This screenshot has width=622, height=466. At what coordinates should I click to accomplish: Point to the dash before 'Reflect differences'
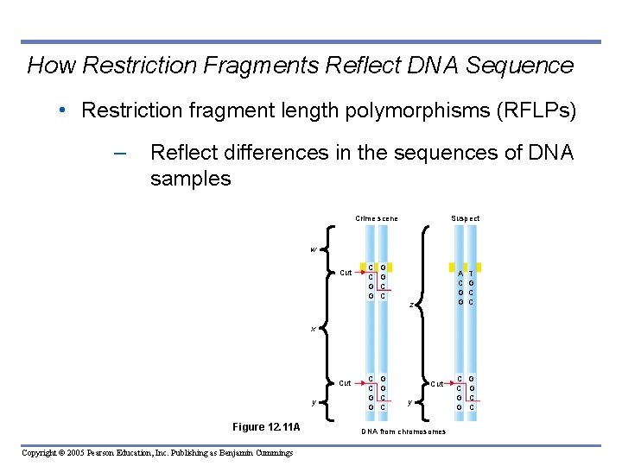click(x=120, y=154)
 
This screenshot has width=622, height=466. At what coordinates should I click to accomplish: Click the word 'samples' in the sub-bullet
click(x=190, y=179)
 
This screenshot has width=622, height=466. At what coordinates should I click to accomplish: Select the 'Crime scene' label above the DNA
click(x=377, y=218)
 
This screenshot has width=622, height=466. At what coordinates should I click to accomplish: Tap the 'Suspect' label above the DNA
click(x=466, y=218)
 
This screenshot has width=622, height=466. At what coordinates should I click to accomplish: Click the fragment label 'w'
click(x=314, y=249)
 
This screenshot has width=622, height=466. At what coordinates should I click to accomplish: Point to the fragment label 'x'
click(x=314, y=329)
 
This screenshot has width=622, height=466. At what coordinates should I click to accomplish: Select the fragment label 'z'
click(x=412, y=305)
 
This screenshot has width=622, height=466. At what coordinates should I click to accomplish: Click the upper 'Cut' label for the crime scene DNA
click(x=345, y=273)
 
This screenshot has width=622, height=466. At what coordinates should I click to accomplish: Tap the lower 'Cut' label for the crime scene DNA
click(x=345, y=383)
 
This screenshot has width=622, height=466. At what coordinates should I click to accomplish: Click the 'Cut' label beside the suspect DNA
click(x=438, y=383)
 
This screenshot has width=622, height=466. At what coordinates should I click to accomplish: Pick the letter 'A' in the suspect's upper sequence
click(x=460, y=274)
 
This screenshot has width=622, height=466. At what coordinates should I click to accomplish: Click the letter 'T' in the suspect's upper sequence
click(x=471, y=274)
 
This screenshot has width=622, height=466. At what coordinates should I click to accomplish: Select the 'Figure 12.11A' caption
click(x=266, y=427)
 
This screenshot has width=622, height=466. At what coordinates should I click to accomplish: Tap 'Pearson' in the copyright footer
click(x=96, y=453)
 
